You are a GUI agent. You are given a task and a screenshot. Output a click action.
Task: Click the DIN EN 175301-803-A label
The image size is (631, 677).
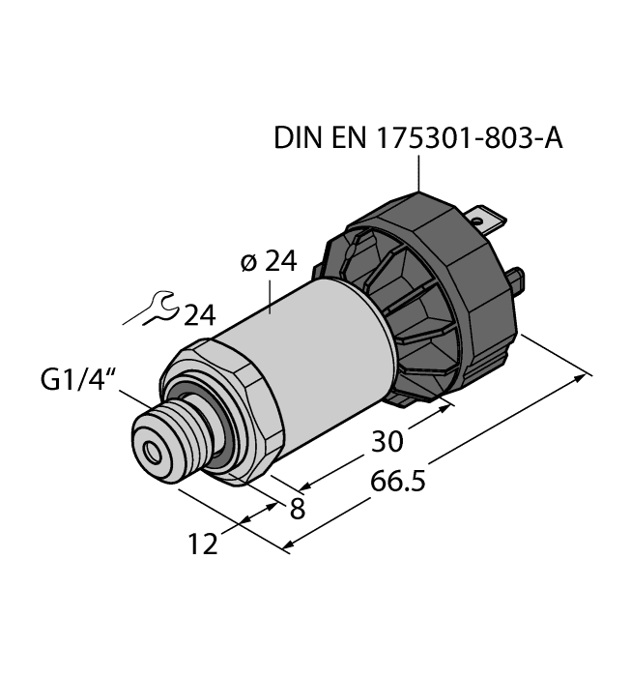point(418,139)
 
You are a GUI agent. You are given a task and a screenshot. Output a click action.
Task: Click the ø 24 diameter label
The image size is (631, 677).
point(268,262)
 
